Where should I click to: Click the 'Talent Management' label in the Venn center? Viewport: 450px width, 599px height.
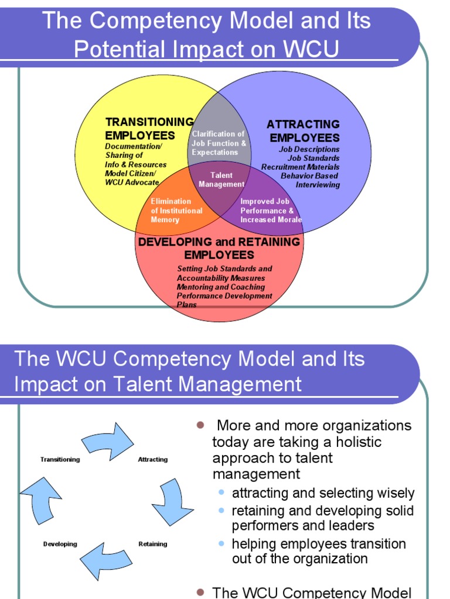coord(221,180)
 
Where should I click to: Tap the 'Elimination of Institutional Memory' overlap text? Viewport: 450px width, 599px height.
coord(176,211)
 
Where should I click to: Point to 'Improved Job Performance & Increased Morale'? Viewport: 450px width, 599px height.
coord(271,211)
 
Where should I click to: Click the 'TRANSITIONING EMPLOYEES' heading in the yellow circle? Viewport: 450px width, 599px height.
coord(149,129)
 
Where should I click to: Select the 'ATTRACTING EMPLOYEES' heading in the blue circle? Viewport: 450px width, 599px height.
coord(304,131)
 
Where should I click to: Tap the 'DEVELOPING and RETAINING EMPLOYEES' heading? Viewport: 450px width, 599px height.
coord(219,248)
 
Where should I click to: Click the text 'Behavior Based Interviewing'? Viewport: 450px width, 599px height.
coord(310,180)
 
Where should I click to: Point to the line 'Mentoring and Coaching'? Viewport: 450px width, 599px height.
coord(221,287)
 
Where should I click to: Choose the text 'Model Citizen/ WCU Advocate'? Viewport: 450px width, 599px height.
coord(132,178)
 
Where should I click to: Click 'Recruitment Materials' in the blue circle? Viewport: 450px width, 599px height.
coord(300,167)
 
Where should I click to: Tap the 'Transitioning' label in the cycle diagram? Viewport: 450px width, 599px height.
coord(60,460)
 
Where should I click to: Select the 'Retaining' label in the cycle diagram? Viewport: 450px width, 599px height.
coord(153,544)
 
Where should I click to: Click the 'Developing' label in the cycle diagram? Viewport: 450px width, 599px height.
coord(60,544)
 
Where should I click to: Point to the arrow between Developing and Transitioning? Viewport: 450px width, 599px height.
coord(41,500)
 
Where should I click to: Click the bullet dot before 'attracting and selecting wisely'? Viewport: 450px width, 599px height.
coord(221,493)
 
